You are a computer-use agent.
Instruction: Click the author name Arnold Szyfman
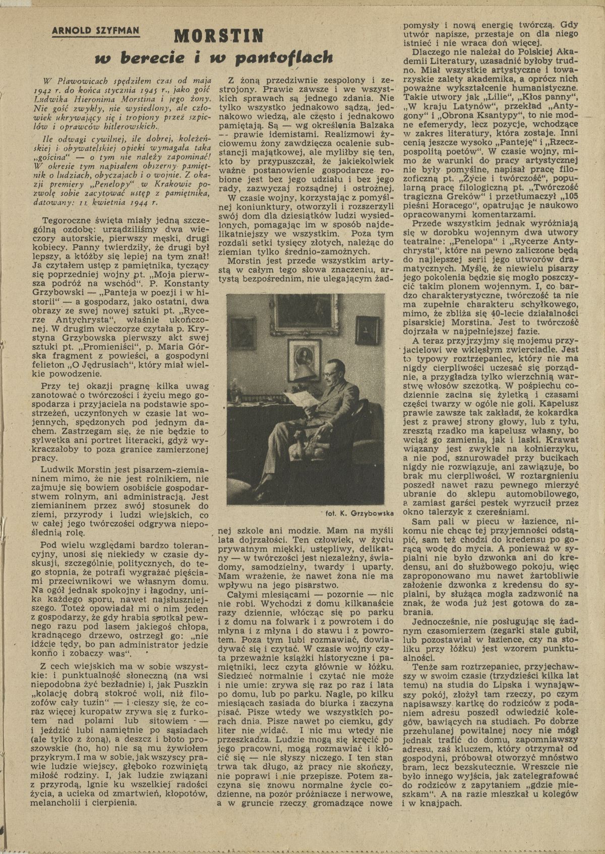[96, 31]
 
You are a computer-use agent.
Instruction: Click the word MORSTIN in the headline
[219, 36]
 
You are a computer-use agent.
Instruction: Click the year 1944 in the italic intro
[136, 203]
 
